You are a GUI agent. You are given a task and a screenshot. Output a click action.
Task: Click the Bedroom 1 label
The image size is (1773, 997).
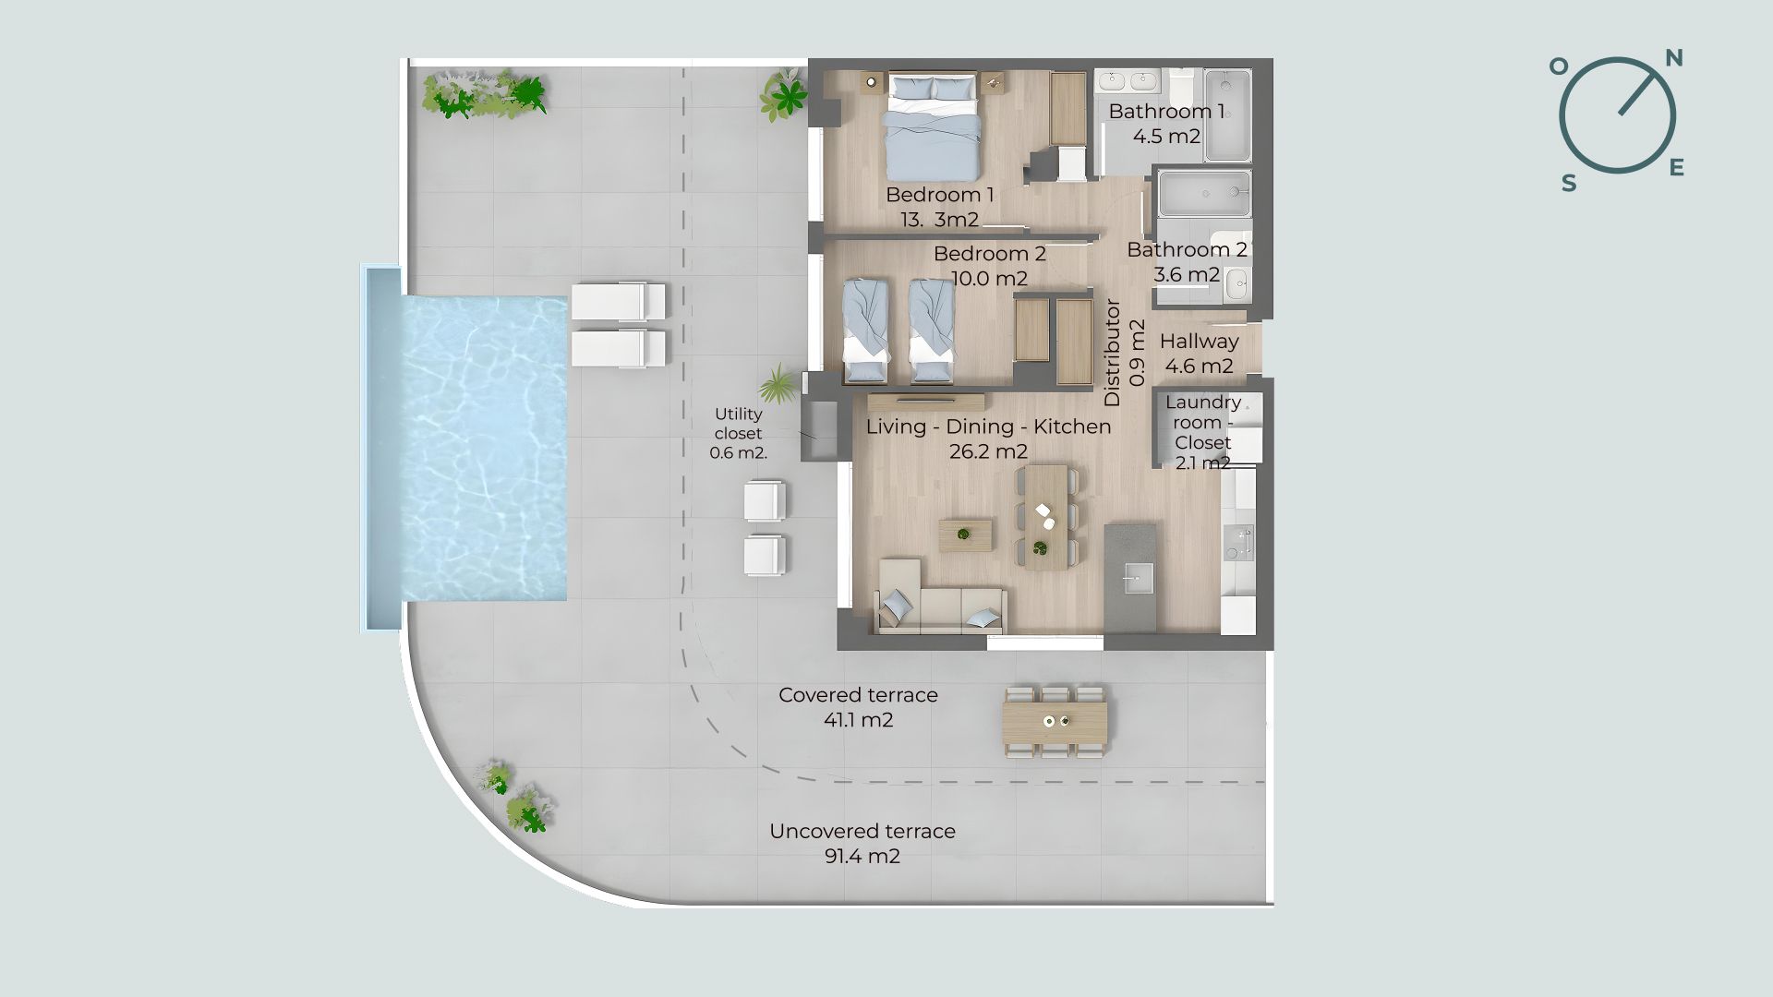coord(939,195)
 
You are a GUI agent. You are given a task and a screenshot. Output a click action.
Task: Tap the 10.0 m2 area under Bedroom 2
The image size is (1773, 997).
coord(989,278)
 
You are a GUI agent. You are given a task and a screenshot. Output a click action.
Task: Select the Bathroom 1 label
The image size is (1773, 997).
coord(1166,112)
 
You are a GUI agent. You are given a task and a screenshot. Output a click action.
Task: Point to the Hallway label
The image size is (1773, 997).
coord(1199,341)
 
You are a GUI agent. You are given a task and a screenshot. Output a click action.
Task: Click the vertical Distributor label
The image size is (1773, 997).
coord(1113,353)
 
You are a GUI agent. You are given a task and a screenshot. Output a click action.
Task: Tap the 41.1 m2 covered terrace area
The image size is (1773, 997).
coord(859,720)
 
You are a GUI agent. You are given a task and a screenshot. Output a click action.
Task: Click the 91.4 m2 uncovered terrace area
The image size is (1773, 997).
coord(862,856)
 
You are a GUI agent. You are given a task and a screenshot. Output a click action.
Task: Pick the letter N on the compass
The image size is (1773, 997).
coord(1673,59)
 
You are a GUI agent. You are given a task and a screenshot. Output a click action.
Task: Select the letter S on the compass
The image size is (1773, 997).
coord(1569,184)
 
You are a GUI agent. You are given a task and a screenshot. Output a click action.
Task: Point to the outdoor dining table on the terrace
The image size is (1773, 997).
coord(1055,722)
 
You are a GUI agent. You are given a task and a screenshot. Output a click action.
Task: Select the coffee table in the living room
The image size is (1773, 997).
coord(966,535)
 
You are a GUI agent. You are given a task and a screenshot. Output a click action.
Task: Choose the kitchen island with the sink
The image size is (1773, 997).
coord(1130,578)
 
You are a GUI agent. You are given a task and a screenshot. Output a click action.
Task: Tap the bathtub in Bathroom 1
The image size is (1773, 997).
coord(1228,115)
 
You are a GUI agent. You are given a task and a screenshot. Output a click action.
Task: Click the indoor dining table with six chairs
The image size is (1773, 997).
coord(1046,517)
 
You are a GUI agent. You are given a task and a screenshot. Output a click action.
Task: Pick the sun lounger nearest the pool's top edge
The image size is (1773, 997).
coord(618,301)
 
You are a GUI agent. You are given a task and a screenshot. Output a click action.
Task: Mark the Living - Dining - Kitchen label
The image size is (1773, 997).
coord(988,426)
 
